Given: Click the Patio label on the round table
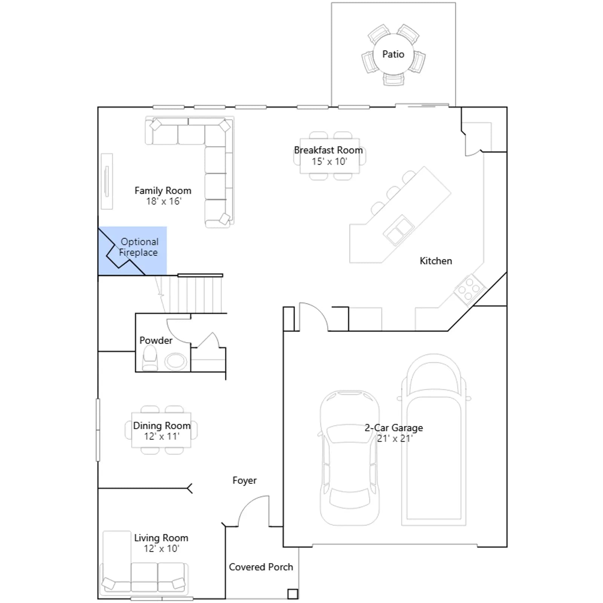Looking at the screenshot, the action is [393, 54].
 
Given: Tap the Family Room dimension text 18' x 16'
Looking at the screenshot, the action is [164, 201].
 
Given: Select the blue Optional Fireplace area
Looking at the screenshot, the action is [132, 251].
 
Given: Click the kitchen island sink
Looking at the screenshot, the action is [398, 230].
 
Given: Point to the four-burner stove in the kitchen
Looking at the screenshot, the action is [470, 289].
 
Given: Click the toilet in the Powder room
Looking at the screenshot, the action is [150, 358].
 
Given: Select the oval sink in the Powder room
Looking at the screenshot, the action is [175, 361].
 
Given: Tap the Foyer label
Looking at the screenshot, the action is [244, 481].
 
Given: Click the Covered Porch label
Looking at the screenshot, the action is [261, 567].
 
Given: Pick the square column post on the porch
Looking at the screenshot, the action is [293, 594].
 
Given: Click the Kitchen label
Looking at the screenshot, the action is [436, 261].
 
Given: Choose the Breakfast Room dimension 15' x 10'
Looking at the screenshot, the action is [329, 161].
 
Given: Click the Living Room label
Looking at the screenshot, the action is [161, 538].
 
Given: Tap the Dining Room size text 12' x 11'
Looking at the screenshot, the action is [161, 436].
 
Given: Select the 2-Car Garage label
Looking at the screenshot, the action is [393, 428].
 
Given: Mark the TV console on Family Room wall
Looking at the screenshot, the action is [107, 181].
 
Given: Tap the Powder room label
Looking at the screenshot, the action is [156, 340].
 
